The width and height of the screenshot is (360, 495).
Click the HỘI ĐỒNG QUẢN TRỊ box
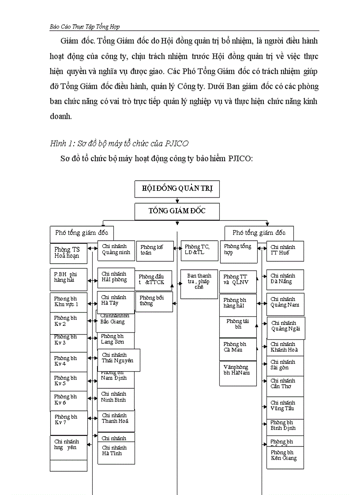click(177, 189)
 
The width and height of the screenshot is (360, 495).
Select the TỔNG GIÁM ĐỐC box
click(177, 211)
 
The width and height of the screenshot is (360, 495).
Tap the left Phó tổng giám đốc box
click(82, 233)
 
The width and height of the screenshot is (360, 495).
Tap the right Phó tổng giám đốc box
click(259, 233)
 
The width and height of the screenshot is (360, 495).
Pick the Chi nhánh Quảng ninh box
click(116, 250)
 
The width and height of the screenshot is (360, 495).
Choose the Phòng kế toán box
click(154, 250)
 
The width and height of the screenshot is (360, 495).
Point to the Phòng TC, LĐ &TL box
click(199, 250)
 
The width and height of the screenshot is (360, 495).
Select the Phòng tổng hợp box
click(238, 250)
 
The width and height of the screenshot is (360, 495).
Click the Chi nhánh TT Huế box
click(285, 250)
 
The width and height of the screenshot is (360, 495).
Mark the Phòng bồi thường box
click(154, 301)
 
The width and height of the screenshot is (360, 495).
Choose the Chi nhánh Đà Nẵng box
click(285, 279)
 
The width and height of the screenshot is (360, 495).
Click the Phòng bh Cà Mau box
click(238, 349)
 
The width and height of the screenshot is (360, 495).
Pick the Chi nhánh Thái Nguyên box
click(118, 359)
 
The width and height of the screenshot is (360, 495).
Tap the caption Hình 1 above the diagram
click(119, 143)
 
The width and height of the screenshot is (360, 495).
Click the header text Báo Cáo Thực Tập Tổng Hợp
click(85, 26)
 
